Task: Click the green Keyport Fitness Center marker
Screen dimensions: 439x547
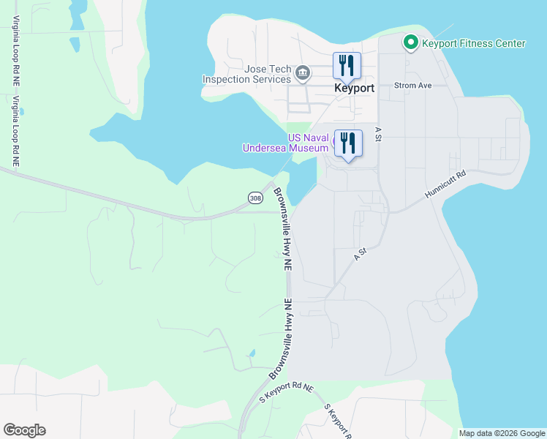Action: pos(410,43)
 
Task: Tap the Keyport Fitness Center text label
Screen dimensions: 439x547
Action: pos(473,43)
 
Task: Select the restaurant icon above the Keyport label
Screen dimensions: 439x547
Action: pos(347,65)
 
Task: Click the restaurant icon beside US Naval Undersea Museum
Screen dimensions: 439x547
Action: pos(348,143)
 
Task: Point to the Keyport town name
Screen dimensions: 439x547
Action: pos(354,88)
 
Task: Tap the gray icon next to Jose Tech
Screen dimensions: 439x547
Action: pos(303,73)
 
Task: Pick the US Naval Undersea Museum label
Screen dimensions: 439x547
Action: pos(286,143)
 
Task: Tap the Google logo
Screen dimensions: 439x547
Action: pos(24,430)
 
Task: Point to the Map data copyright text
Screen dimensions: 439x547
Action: pos(502,433)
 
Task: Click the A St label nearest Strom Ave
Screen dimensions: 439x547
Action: pos(378,133)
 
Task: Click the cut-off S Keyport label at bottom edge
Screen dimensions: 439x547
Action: pos(338,421)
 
